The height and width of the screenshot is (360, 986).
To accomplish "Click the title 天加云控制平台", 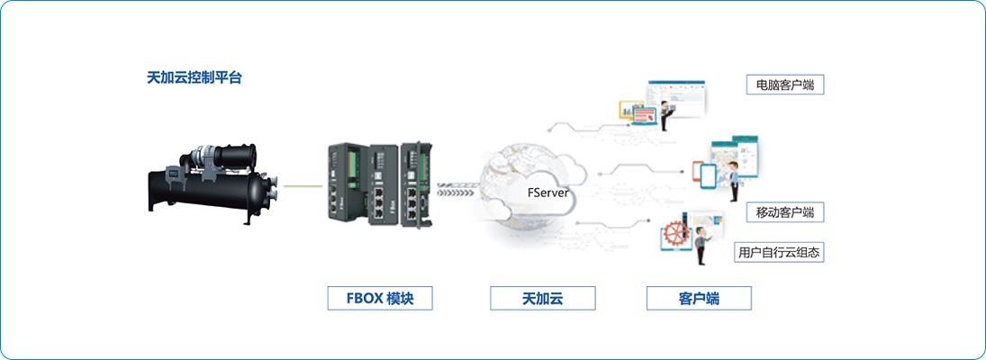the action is (194, 78).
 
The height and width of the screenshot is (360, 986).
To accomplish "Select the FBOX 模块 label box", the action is (380, 299).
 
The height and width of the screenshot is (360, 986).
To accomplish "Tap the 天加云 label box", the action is (543, 299).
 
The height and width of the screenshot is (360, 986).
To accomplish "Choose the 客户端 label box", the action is (699, 299).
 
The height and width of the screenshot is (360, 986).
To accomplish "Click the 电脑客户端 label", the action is (785, 85).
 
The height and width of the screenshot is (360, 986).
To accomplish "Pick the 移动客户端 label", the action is (785, 212).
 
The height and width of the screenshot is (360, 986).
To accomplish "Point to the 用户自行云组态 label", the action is (779, 252).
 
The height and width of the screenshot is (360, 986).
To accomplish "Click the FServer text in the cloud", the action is (547, 193).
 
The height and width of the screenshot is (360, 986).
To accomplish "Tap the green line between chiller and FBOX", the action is (304, 186).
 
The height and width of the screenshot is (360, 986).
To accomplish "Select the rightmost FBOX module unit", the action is (417, 182).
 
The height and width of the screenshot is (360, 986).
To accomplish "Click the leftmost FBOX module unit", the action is (348, 182).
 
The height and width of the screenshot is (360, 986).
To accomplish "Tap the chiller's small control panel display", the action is (173, 172).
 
